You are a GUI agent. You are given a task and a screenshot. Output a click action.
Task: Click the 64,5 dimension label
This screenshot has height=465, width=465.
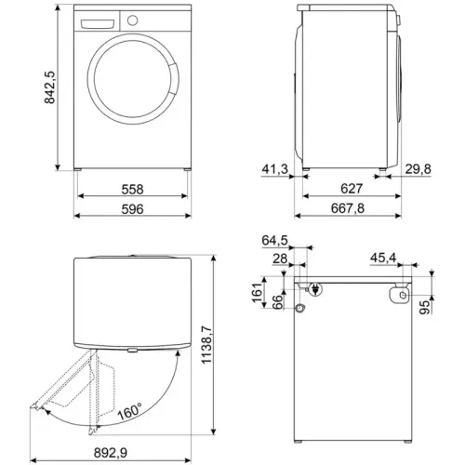[x=274, y=240]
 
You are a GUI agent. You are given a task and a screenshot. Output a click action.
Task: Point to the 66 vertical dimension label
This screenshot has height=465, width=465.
[x=276, y=305]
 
